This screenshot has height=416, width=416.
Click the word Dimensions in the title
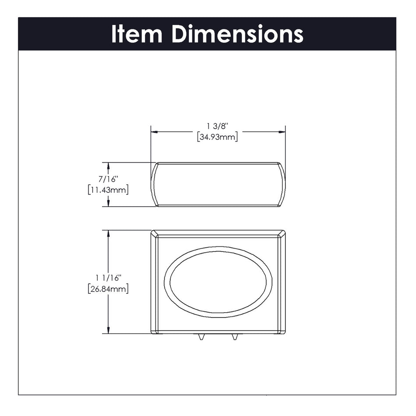pos(237,34)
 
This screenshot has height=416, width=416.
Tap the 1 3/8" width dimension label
pos(218,127)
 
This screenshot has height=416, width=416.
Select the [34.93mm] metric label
pos(218,137)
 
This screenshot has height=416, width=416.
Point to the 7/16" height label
pos(108,180)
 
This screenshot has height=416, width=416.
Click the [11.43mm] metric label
pos(108,190)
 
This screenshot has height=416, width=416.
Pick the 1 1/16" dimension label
pos(108,278)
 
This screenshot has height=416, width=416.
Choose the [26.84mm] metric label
pos(108,289)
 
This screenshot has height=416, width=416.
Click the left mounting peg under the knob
pos(201,337)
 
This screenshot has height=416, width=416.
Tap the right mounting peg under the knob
pos(235,337)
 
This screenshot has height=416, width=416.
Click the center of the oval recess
pos(218,282)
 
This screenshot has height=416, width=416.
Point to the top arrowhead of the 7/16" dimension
pos(108,166)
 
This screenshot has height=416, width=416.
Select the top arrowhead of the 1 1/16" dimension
pos(108,233)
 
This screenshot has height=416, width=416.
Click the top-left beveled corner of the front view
pos(154,234)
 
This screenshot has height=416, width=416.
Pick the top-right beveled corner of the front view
pos(282,234)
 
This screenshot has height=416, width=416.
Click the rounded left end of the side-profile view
pos(154,184)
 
